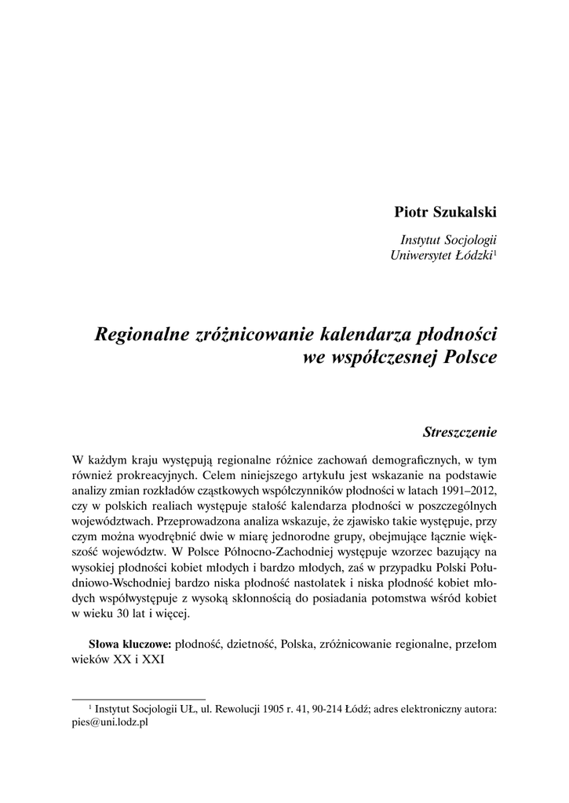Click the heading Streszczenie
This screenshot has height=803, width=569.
pyautogui.click(x=460, y=431)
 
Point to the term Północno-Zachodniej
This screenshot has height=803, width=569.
pyautogui.click(x=282, y=549)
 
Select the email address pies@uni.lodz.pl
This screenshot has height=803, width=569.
pyautogui.click(x=110, y=724)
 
